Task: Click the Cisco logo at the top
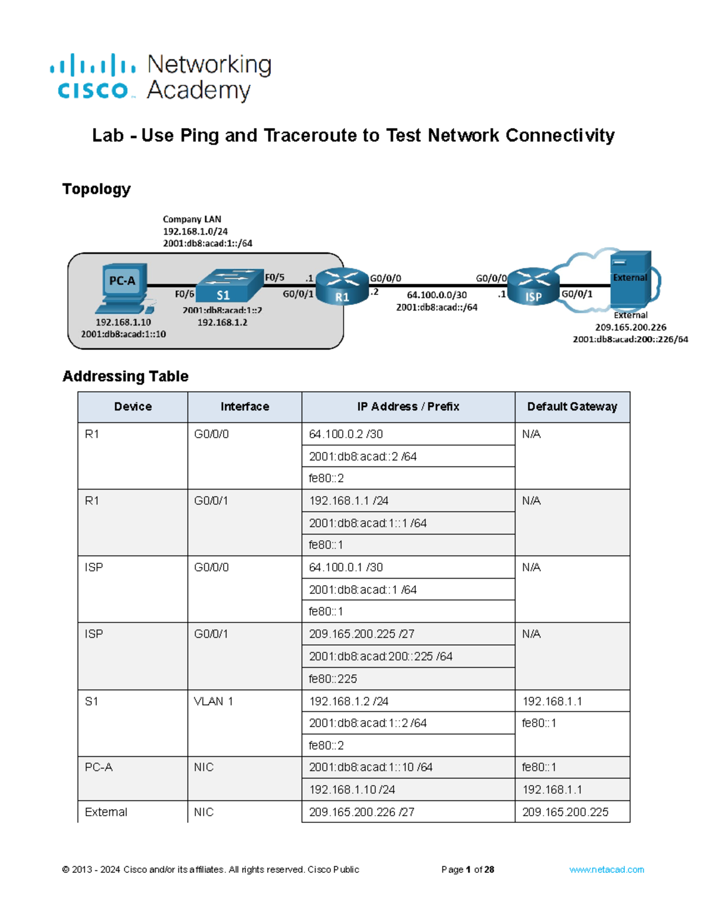(93, 77)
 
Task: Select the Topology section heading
(96, 189)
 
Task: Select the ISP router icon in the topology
(533, 287)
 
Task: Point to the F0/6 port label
(184, 294)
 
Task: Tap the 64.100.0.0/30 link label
(437, 295)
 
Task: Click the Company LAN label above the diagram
(192, 219)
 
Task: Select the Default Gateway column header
(572, 407)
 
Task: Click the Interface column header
(244, 407)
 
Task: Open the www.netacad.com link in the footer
(606, 869)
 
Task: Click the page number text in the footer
(467, 869)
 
